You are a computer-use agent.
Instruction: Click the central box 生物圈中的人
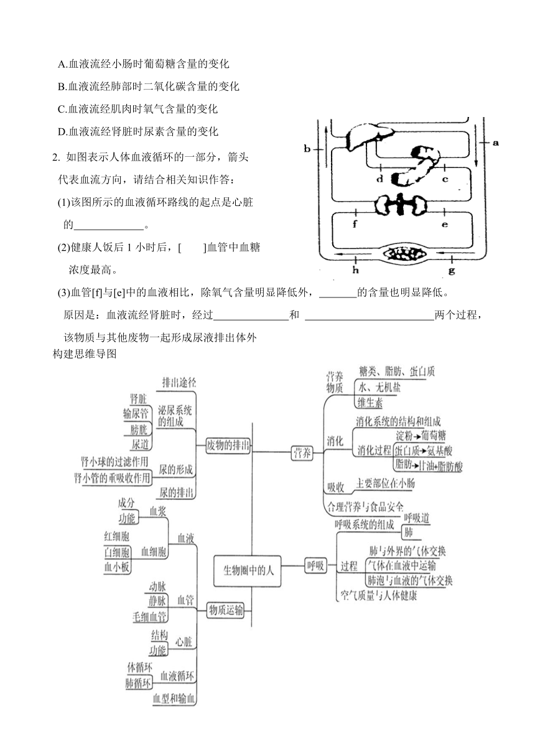(x=247, y=571)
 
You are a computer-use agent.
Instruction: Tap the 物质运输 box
(x=226, y=610)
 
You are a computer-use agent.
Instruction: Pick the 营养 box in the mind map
(x=302, y=453)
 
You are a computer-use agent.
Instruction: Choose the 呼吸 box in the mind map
(x=316, y=565)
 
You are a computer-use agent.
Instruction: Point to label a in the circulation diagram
(x=496, y=142)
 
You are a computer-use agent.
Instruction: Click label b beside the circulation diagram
(x=307, y=149)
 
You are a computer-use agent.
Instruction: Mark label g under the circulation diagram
(x=452, y=270)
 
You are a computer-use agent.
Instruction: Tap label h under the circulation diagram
(x=356, y=270)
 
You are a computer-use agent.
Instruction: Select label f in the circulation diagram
(x=355, y=224)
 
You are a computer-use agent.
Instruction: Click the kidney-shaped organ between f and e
(x=401, y=205)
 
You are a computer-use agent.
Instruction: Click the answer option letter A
(x=62, y=64)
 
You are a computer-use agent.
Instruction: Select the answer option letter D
(x=62, y=132)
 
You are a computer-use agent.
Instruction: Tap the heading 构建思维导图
(x=85, y=353)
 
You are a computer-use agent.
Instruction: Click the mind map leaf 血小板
(x=117, y=567)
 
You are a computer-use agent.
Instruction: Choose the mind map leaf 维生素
(x=370, y=403)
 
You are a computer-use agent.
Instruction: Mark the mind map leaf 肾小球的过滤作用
(x=114, y=461)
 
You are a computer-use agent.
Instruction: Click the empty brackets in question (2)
(x=192, y=248)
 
